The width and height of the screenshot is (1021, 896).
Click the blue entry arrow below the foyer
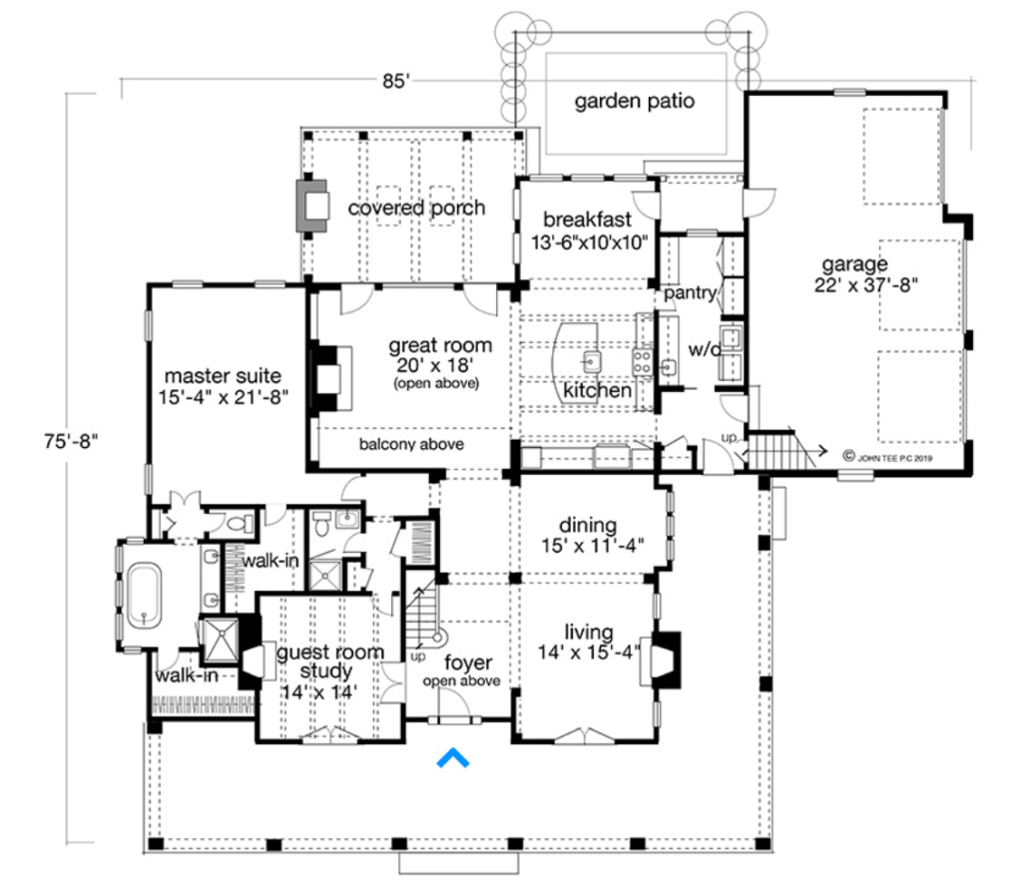[x=453, y=757]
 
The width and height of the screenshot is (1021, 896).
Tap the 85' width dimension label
[x=396, y=82]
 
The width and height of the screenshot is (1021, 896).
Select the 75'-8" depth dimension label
[x=71, y=441]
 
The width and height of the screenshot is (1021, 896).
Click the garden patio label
[x=634, y=101]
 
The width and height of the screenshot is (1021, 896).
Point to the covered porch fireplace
[x=312, y=206]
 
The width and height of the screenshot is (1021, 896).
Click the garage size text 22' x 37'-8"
[x=866, y=285]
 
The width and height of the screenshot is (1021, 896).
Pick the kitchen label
[x=597, y=391]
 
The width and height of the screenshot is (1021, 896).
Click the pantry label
[x=690, y=293]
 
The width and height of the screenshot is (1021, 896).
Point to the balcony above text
[x=411, y=444]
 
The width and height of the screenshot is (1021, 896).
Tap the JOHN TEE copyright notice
[x=887, y=457]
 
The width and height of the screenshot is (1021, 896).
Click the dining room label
[x=587, y=525]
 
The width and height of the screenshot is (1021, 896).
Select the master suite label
[x=223, y=376]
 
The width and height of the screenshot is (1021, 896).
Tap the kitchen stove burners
[x=642, y=362]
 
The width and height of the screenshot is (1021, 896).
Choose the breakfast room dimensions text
[x=590, y=242]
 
